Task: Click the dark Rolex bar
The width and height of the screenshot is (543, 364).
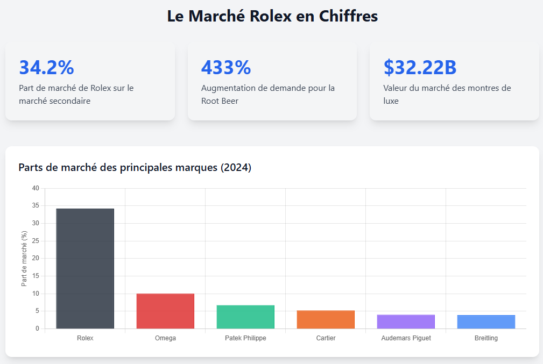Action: tap(85, 268)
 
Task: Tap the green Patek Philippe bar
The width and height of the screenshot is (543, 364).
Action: tap(245, 317)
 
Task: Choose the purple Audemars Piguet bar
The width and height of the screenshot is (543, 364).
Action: tap(406, 322)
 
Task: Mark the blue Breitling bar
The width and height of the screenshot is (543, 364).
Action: tap(486, 322)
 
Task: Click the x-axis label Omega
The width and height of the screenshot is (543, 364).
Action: tap(165, 338)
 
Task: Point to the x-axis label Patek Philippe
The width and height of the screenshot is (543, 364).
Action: tap(245, 338)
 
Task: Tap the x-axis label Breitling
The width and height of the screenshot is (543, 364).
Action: tap(486, 338)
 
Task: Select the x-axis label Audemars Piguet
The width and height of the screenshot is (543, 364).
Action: tap(406, 338)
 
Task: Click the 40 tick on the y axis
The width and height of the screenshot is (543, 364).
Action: tap(36, 188)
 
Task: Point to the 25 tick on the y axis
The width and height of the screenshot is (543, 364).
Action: tap(36, 241)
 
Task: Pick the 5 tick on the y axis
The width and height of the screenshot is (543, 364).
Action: tap(37, 311)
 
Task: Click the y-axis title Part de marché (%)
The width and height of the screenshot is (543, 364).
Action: tap(24, 258)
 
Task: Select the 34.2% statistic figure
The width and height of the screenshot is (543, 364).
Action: tap(46, 67)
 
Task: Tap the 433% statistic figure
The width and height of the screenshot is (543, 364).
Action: tap(225, 67)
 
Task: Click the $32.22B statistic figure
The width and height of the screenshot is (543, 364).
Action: tap(420, 67)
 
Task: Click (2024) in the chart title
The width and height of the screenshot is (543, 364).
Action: tap(236, 167)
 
